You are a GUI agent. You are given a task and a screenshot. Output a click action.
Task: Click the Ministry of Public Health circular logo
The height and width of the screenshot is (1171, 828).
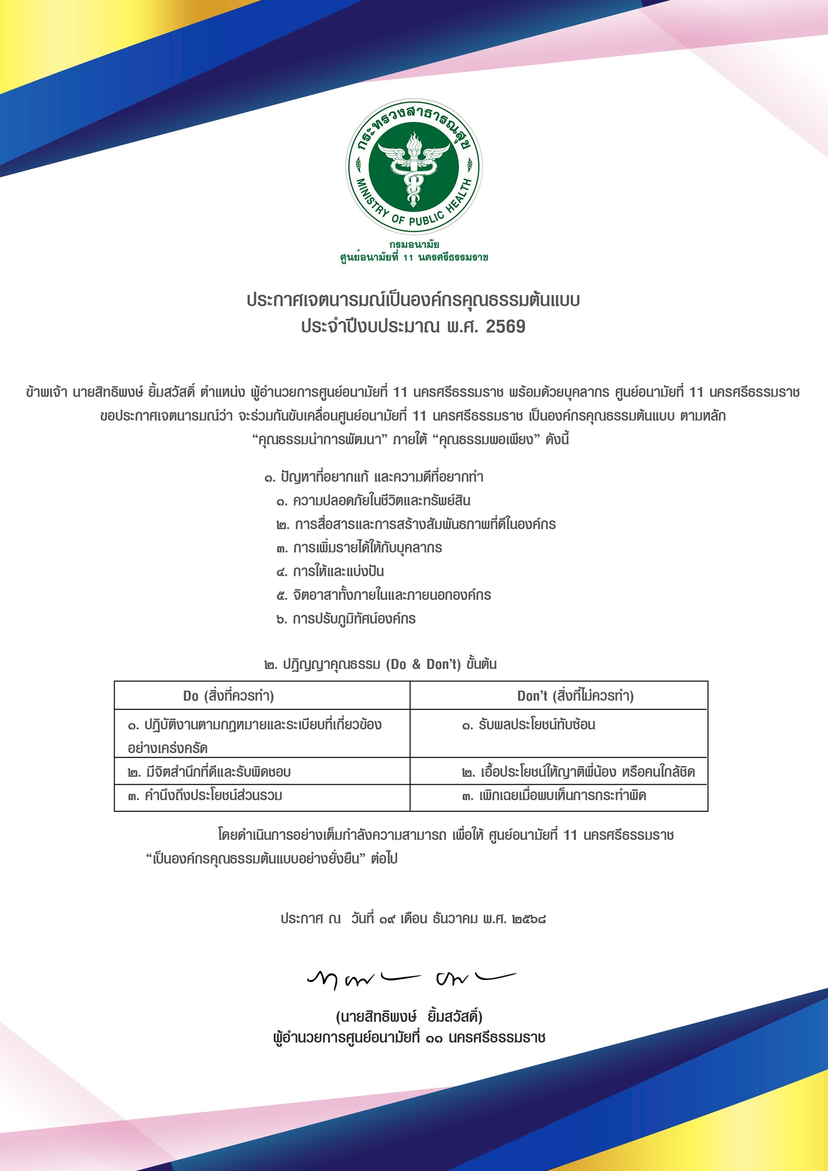point(414,166)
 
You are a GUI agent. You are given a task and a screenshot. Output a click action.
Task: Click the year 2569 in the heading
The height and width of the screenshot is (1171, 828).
point(505,327)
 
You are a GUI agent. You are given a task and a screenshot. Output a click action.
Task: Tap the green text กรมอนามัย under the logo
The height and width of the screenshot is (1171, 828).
point(414,244)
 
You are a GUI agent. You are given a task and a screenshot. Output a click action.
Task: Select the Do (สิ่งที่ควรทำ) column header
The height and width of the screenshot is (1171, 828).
point(228,696)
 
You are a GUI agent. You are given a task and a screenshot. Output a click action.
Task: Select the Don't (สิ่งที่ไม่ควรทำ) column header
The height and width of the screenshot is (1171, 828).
point(575,696)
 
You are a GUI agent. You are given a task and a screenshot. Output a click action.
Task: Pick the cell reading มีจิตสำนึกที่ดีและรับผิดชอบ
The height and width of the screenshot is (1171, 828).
point(209,772)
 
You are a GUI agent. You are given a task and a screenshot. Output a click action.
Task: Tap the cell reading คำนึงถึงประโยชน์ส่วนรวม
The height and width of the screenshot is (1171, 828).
point(205,795)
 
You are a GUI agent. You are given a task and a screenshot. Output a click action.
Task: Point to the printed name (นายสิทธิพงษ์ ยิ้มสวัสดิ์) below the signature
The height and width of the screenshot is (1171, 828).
point(409,1017)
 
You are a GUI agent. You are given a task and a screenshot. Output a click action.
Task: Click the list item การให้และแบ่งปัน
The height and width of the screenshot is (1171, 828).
point(330,571)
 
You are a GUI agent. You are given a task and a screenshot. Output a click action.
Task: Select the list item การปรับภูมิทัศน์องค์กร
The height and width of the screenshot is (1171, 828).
point(346,618)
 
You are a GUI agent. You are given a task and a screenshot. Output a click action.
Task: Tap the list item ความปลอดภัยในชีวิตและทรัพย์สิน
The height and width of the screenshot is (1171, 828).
point(373,500)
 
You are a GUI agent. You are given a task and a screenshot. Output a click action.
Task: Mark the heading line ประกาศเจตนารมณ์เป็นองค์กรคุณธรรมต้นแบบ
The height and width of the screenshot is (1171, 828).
point(413,300)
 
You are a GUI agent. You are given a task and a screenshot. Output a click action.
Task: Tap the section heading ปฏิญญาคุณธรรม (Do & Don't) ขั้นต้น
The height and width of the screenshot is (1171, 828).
point(381,664)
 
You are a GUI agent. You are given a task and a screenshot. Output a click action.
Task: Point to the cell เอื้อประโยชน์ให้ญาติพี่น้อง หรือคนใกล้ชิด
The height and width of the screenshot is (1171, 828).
point(578,772)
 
